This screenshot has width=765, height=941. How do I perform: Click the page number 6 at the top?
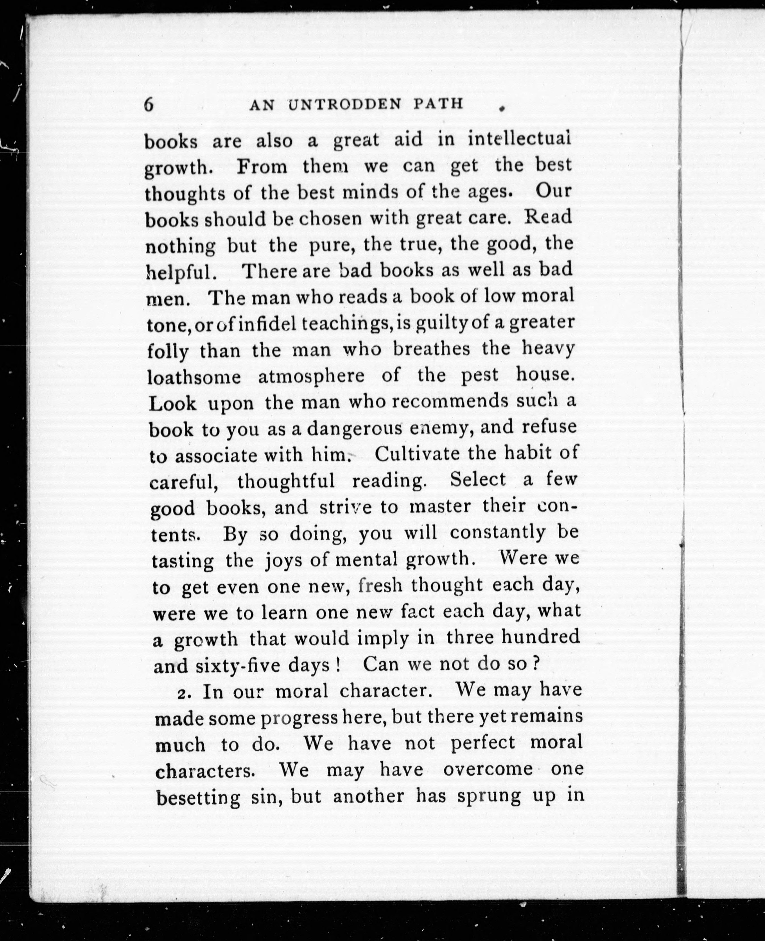(149, 105)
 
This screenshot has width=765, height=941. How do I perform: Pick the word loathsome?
(194, 377)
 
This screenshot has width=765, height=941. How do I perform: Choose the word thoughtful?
(286, 481)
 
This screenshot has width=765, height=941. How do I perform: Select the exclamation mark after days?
(338, 664)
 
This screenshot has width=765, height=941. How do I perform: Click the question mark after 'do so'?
(536, 663)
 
